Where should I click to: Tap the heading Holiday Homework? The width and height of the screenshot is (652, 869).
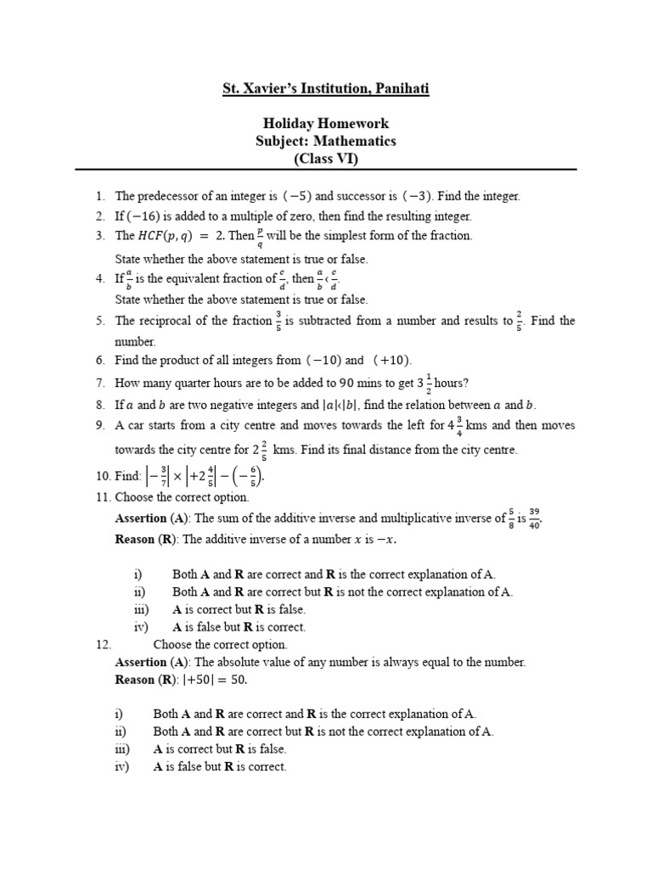click(x=325, y=124)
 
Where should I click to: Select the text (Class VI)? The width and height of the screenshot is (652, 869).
click(x=325, y=159)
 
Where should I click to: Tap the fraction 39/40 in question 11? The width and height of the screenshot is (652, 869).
click(x=533, y=518)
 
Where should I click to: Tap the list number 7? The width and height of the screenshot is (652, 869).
click(x=99, y=383)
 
